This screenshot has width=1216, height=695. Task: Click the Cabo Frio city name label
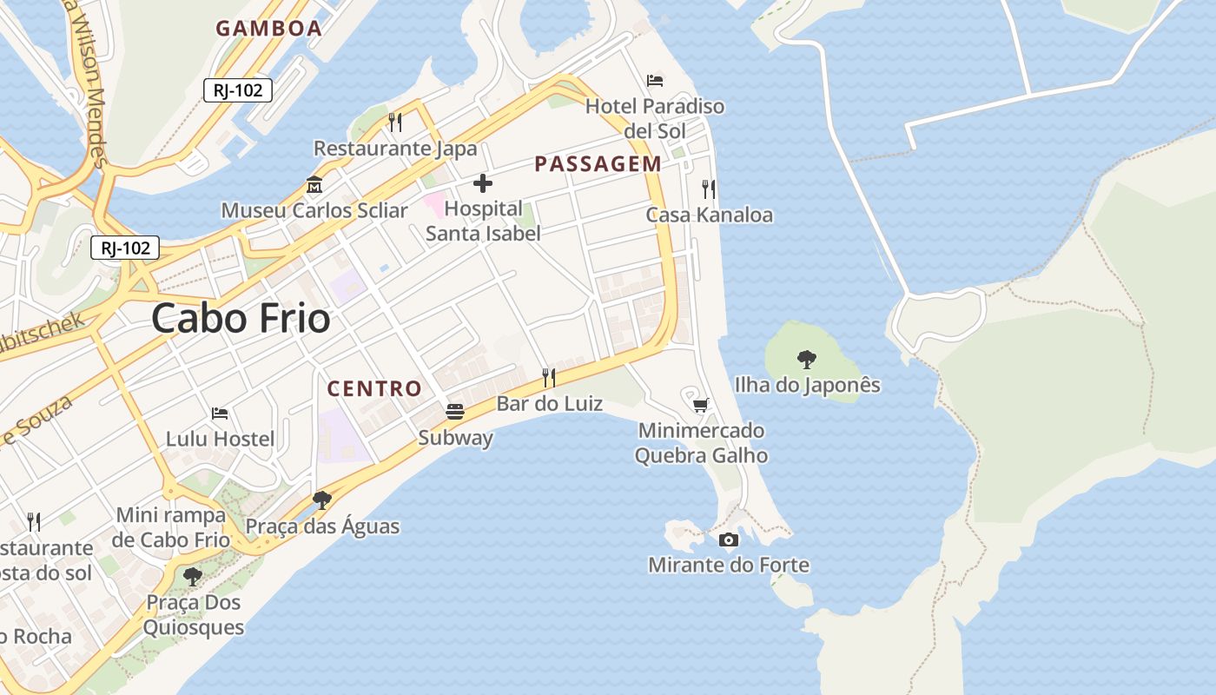point(241,319)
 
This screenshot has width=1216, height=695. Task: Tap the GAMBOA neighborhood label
point(268,28)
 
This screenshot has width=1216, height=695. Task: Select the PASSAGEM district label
point(598,163)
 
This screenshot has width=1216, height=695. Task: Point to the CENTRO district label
point(374,388)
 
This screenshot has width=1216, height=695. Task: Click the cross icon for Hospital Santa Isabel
point(483,183)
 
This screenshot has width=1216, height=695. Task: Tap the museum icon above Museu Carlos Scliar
point(314,185)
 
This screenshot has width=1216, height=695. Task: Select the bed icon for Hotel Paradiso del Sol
point(655,81)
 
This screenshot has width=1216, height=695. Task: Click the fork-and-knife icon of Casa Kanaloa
point(709,189)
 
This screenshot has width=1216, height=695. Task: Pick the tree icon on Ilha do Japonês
point(807,359)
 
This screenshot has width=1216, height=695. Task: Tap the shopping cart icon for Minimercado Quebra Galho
point(700,405)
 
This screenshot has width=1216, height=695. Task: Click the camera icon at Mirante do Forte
point(729,539)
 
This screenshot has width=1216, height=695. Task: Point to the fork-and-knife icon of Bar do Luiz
point(549,377)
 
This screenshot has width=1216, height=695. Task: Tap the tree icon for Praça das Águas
point(322,500)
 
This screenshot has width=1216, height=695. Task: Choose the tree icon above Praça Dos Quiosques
point(193,576)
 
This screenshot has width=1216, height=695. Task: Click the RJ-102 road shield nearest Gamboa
point(238,89)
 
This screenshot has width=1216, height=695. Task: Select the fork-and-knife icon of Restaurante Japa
point(395,122)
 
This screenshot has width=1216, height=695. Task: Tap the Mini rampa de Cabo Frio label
point(171,527)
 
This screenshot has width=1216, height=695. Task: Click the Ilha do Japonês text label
point(807,385)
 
